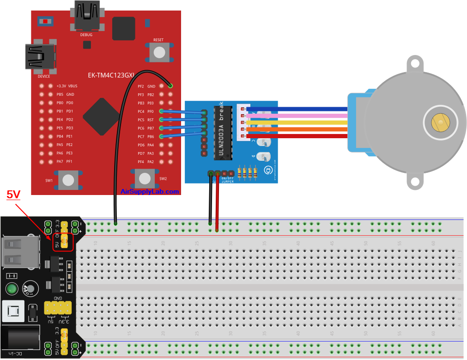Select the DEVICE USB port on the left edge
click(x=41, y=56)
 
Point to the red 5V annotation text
click(x=13, y=195)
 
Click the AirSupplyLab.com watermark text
click(x=150, y=191)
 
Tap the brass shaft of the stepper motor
click(x=439, y=122)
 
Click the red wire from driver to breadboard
click(x=217, y=203)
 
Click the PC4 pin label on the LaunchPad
click(x=141, y=111)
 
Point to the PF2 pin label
click(x=141, y=86)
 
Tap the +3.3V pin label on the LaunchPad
click(x=61, y=86)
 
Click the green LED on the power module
click(x=12, y=289)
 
